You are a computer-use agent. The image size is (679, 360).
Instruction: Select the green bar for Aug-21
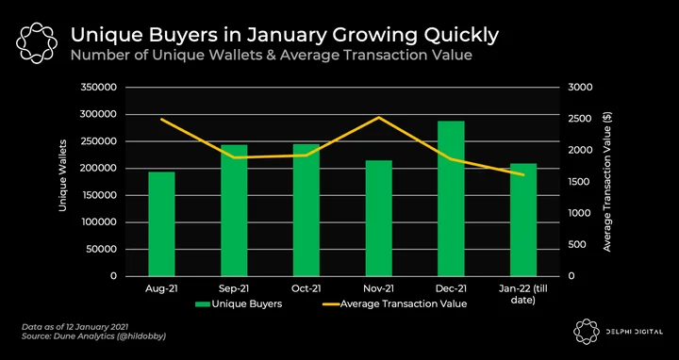161,223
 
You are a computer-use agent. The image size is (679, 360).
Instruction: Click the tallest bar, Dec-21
451,198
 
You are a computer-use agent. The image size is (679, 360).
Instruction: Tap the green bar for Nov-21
378,218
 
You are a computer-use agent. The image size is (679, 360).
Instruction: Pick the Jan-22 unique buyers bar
523,220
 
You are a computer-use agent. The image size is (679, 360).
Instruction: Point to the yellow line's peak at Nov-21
379,117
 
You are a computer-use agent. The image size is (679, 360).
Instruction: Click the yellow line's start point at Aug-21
161,119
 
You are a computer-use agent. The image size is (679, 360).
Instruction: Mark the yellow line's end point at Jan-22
523,174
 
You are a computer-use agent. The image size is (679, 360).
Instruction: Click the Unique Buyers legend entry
239,303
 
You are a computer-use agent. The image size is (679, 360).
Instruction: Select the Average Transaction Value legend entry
394,303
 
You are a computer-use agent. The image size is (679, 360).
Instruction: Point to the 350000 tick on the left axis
99,88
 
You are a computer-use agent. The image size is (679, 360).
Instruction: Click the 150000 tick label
99,195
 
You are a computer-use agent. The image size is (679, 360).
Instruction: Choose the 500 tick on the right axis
577,244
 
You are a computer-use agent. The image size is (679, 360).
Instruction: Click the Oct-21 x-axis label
306,288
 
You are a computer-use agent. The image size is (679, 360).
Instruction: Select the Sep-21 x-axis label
234,288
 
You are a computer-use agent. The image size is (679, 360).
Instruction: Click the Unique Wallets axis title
63,175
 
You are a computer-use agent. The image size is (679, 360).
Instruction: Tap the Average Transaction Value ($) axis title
607,182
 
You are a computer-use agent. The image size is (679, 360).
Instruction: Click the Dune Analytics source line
93,335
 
